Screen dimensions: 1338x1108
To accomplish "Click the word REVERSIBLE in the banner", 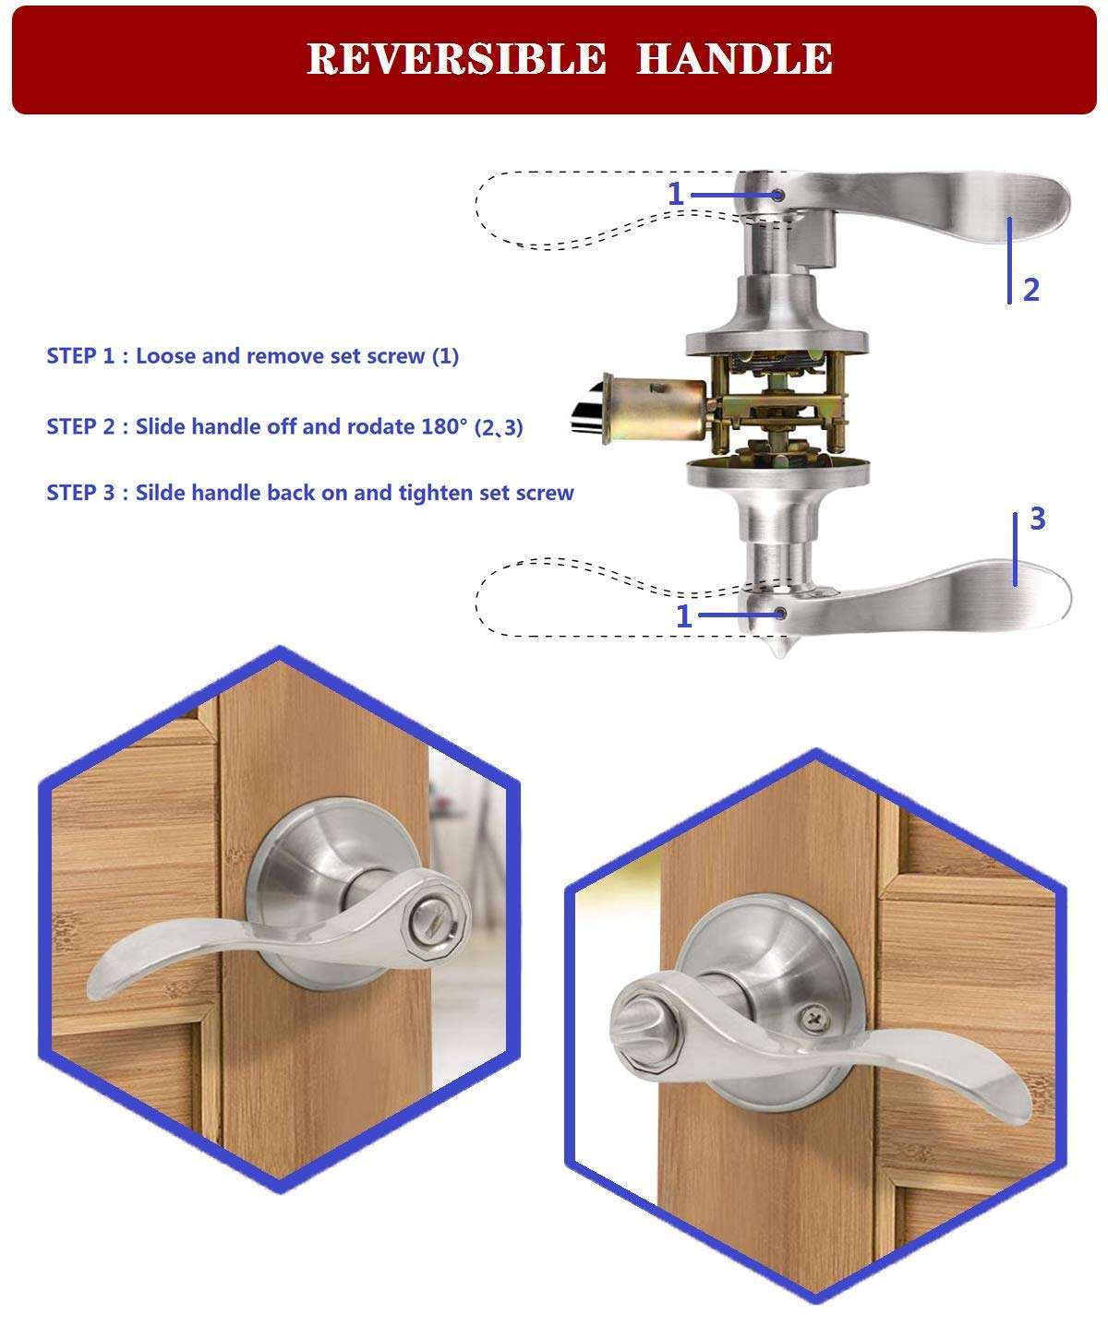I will click(455, 58).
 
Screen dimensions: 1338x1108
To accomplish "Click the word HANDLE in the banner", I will click(734, 58).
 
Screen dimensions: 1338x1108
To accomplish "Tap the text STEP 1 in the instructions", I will click(80, 356).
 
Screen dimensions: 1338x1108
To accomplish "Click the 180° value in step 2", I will click(442, 426).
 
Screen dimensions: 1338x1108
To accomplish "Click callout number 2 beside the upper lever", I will click(1030, 290).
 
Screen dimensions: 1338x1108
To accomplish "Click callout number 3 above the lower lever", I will click(1037, 519).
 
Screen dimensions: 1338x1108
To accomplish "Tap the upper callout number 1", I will click(676, 195).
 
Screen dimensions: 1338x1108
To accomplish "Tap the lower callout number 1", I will click(683, 616).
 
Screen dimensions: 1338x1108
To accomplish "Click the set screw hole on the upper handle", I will click(777, 195).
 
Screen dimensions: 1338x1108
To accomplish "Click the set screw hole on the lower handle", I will click(781, 613).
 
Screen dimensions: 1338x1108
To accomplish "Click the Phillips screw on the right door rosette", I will click(814, 1018).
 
